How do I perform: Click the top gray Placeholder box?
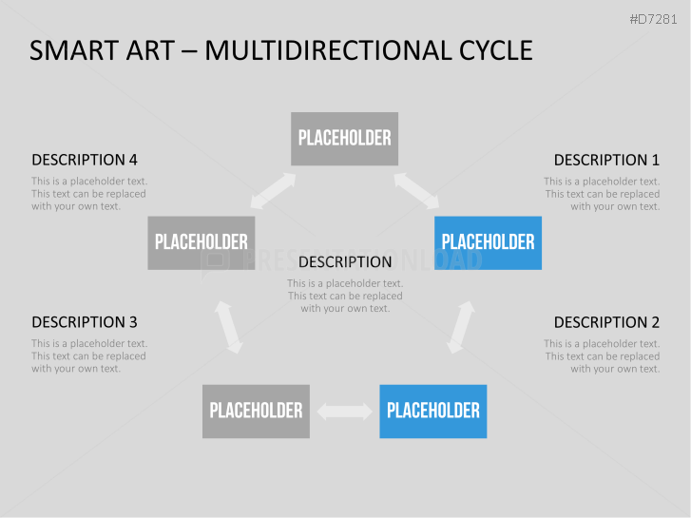coord(344,139)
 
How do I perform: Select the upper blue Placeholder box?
coord(488,243)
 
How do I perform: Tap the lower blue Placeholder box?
coord(433,412)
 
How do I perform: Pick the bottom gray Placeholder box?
coord(256,412)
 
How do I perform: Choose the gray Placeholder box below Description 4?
coord(202,243)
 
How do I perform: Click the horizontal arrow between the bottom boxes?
coord(345,412)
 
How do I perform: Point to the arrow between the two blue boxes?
coord(461,327)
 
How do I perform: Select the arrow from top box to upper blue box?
coord(416,190)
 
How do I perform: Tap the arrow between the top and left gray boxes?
coord(273,190)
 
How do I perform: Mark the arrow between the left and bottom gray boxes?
coord(229,327)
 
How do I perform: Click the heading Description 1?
coord(606,160)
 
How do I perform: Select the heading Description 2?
coord(606,322)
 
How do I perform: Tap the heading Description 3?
coord(85,322)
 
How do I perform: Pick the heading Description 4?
coord(85,160)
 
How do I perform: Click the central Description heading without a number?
coord(345,262)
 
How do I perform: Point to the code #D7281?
coord(653,19)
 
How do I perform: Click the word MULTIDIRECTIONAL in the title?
coord(328,50)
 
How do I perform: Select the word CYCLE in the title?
coord(496,50)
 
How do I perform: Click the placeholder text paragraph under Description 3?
coord(89,355)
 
